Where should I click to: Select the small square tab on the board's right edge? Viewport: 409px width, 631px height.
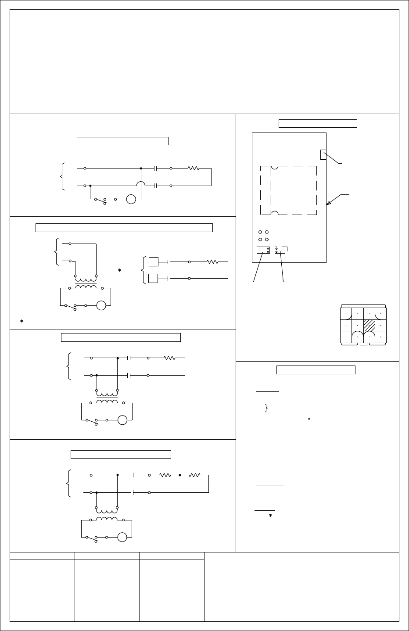coord(323,154)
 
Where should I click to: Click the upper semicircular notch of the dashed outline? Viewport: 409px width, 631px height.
coord(274,167)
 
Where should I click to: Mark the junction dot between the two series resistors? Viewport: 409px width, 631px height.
coord(180,475)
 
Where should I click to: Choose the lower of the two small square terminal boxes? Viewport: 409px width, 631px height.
coord(153,278)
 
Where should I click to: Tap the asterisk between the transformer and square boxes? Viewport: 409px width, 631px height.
coord(119,271)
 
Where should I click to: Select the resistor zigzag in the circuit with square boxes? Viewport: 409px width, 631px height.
coord(212,262)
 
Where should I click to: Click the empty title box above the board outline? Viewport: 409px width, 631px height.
coord(318,123)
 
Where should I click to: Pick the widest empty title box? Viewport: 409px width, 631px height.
coord(124,227)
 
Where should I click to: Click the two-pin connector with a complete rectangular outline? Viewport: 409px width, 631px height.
coord(263,250)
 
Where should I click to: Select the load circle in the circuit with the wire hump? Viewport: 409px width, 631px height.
coord(131,199)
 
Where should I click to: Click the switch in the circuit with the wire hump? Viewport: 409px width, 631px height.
coord(102,200)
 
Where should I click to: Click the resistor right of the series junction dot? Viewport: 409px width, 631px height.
coord(194,475)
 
